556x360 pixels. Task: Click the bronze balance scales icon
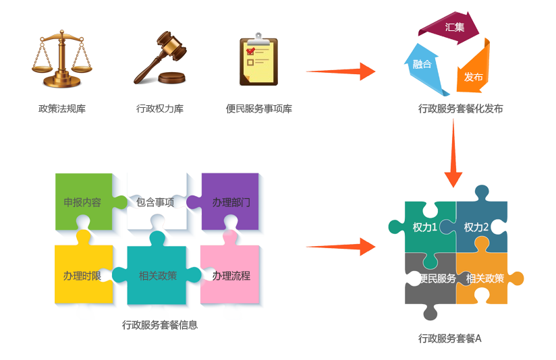(x=61, y=59)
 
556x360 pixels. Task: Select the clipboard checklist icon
(x=258, y=61)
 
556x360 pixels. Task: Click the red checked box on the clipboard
(x=250, y=51)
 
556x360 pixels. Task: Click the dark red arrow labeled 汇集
(x=452, y=28)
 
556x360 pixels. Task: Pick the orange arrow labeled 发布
(x=472, y=74)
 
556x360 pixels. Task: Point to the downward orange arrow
(x=453, y=152)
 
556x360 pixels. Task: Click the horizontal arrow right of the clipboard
(x=340, y=71)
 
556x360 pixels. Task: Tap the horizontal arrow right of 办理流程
(x=340, y=247)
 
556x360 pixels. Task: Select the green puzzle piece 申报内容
(x=82, y=202)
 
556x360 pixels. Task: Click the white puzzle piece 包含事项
(x=155, y=202)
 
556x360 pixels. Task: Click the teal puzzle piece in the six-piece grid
(x=157, y=275)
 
